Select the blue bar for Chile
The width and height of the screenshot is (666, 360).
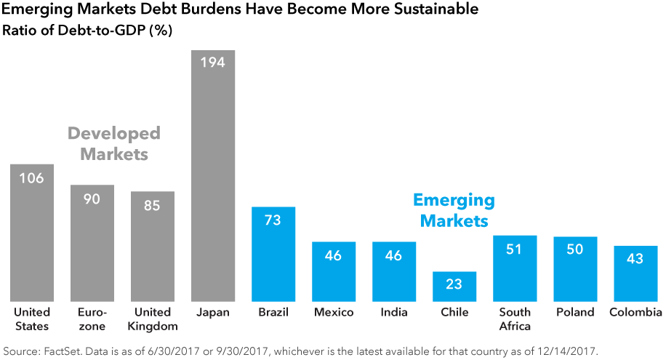coord(454,287)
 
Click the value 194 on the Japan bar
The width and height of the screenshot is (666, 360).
coord(212,63)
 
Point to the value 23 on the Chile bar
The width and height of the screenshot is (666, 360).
coord(454,284)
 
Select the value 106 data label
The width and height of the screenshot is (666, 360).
coord(32,177)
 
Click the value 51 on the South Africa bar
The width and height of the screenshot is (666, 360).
coord(515,249)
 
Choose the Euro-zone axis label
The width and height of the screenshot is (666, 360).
coord(92,319)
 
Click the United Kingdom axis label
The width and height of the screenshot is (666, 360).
coord(153,319)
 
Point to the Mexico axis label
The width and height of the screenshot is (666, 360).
coord(334,313)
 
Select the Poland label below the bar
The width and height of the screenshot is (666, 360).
coord(575,313)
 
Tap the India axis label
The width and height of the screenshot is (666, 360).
coord(394,313)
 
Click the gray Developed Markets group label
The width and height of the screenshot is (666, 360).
coord(114,144)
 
